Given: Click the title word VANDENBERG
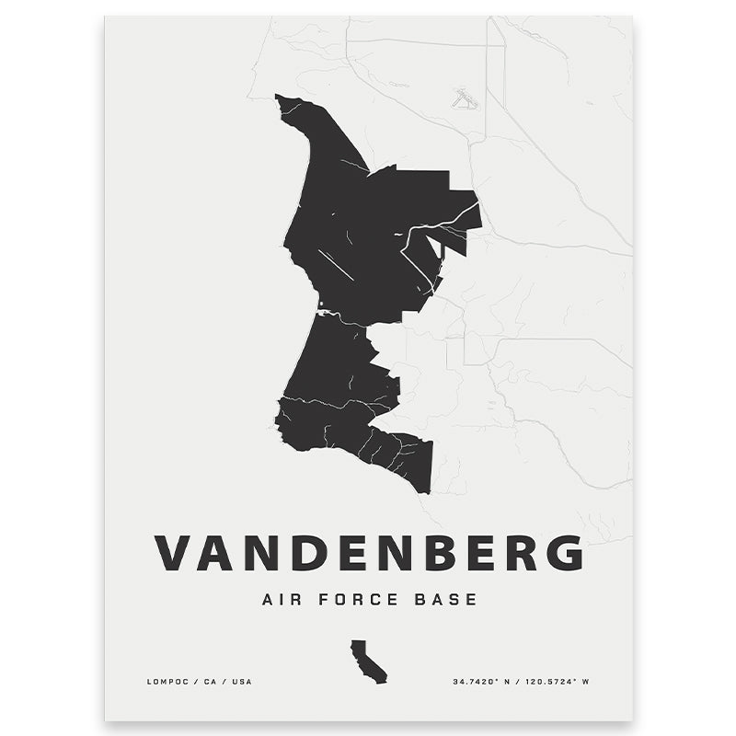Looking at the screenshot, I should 368,552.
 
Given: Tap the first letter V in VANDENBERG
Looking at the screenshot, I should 172,552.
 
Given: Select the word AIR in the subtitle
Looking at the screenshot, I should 281,600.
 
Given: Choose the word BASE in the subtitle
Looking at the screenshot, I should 446,600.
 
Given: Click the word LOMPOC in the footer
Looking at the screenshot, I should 167,682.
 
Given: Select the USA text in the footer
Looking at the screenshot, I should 240,682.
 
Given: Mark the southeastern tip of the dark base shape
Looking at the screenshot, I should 427,489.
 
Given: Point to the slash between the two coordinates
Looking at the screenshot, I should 518,682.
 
